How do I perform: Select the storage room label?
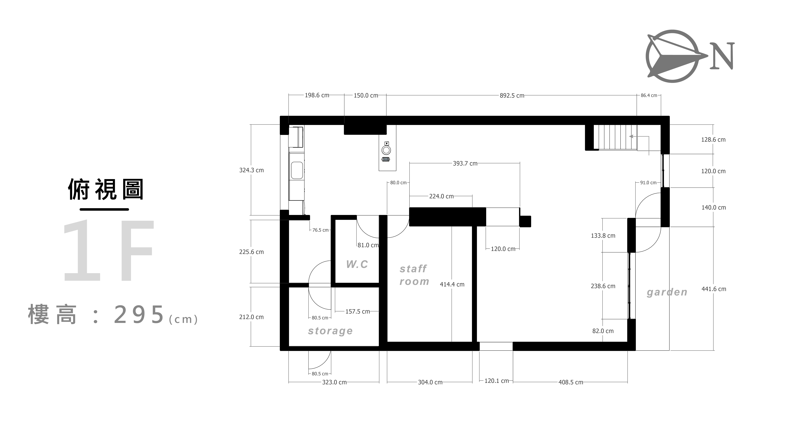[x=330, y=331]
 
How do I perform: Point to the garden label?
[x=667, y=292]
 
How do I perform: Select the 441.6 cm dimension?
[x=714, y=289]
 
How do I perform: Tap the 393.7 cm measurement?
[x=465, y=164]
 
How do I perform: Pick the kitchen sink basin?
[x=297, y=170]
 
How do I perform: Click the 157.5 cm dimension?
[x=357, y=312]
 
